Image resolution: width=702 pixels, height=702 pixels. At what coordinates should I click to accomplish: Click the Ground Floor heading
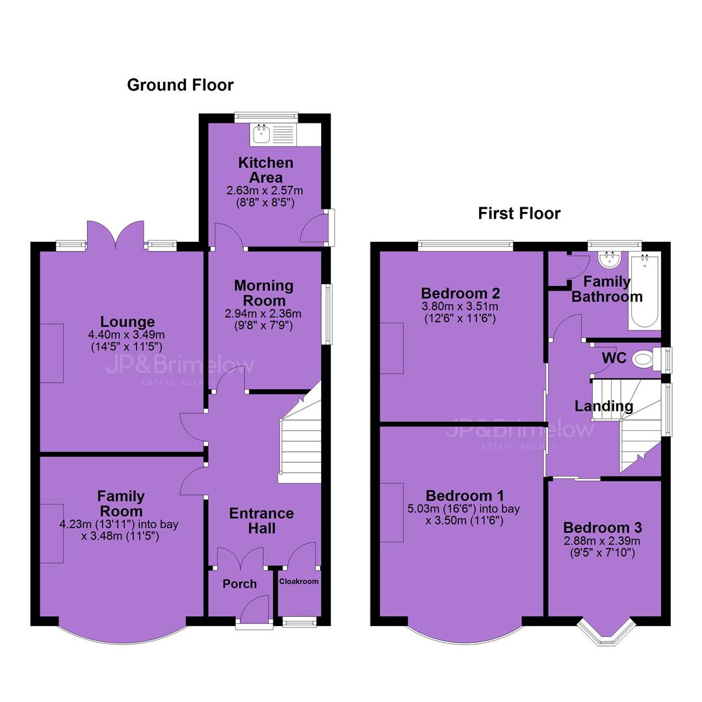pyautogui.click(x=180, y=85)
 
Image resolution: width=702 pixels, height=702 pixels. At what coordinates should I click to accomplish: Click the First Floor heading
pyautogui.click(x=519, y=213)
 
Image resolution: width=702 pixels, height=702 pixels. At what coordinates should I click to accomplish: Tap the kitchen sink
pyautogui.click(x=261, y=134)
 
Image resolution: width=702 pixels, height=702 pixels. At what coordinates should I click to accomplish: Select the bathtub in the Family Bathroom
pyautogui.click(x=644, y=291)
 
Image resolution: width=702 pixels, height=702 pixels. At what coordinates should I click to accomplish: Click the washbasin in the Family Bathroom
pyautogui.click(x=609, y=259)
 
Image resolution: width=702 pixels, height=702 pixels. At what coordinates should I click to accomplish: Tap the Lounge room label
pyautogui.click(x=127, y=322)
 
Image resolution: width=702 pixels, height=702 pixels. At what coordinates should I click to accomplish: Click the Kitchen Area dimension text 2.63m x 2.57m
pyautogui.click(x=265, y=190)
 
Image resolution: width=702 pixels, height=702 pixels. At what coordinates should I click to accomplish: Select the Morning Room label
pyautogui.click(x=264, y=292)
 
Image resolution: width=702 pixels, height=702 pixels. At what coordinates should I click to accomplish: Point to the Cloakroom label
pyautogui.click(x=298, y=581)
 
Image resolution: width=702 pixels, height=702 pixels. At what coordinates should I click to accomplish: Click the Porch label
pyautogui.click(x=239, y=584)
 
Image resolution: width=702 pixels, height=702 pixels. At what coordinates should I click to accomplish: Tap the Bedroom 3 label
pyautogui.click(x=602, y=527)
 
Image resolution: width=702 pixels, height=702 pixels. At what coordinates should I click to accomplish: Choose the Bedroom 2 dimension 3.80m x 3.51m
pyautogui.click(x=460, y=307)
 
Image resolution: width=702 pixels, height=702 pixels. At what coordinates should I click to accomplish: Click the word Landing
pyautogui.click(x=603, y=406)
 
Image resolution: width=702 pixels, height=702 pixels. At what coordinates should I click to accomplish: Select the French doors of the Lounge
pyautogui.click(x=116, y=234)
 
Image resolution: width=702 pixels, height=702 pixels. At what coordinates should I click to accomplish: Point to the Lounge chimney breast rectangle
pyautogui.click(x=52, y=353)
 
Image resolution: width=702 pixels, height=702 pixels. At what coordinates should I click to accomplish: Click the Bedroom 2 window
pyautogui.click(x=465, y=244)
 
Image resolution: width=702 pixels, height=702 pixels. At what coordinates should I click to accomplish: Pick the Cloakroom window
pyautogui.click(x=299, y=622)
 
